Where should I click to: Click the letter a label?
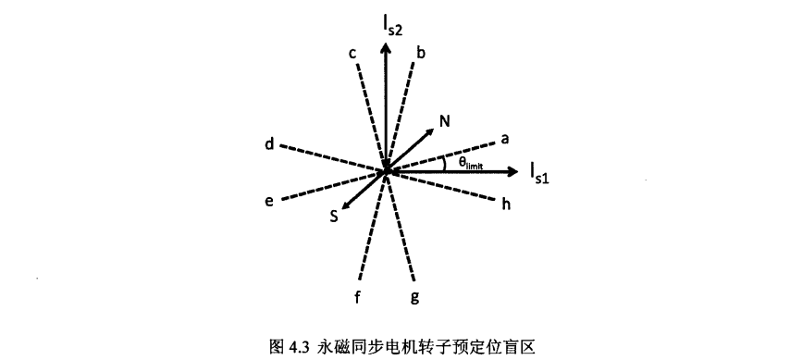point(505,139)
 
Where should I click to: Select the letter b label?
point(421,53)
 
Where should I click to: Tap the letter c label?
point(353,54)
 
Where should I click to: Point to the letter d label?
point(268,143)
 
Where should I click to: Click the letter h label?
point(506,204)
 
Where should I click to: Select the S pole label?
point(334,217)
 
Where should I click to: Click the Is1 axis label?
point(540,171)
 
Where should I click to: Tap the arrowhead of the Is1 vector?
point(514,171)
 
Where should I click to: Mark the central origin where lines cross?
point(386,171)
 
